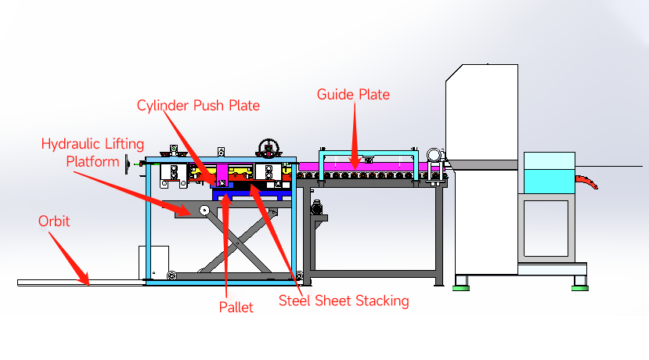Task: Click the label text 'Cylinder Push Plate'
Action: [x=198, y=105]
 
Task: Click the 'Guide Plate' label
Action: [x=353, y=95]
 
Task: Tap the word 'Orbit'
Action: [x=54, y=221]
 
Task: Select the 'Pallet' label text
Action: [x=236, y=308]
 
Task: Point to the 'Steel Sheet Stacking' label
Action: [x=344, y=301]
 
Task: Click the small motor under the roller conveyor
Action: [x=318, y=207]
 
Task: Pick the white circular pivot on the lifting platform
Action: [x=204, y=210]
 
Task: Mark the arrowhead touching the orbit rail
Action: [x=85, y=278]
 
